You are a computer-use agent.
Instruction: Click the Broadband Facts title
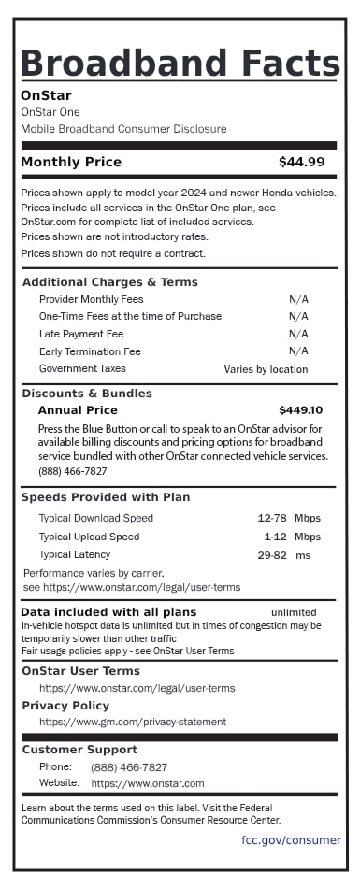180,64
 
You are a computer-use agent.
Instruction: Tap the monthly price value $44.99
301,163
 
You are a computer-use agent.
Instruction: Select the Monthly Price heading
71,163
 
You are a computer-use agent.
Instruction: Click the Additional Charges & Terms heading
109,282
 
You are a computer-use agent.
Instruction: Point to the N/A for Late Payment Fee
298,334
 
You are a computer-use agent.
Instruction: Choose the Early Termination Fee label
90,351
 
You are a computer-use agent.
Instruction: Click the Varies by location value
266,369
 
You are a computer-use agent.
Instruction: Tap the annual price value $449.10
300,410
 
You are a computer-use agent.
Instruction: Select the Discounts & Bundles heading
86,394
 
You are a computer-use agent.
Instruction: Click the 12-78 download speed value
271,518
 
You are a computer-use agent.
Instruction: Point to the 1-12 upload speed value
275,537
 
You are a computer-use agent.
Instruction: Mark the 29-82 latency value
271,555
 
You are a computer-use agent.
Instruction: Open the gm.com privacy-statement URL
132,723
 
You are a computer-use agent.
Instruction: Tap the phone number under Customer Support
129,767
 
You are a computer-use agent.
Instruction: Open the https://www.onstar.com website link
148,783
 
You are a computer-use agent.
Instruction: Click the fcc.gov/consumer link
291,840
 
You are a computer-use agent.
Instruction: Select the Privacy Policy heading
65,706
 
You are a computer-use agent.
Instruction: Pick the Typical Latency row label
74,555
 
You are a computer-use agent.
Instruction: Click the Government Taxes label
82,369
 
